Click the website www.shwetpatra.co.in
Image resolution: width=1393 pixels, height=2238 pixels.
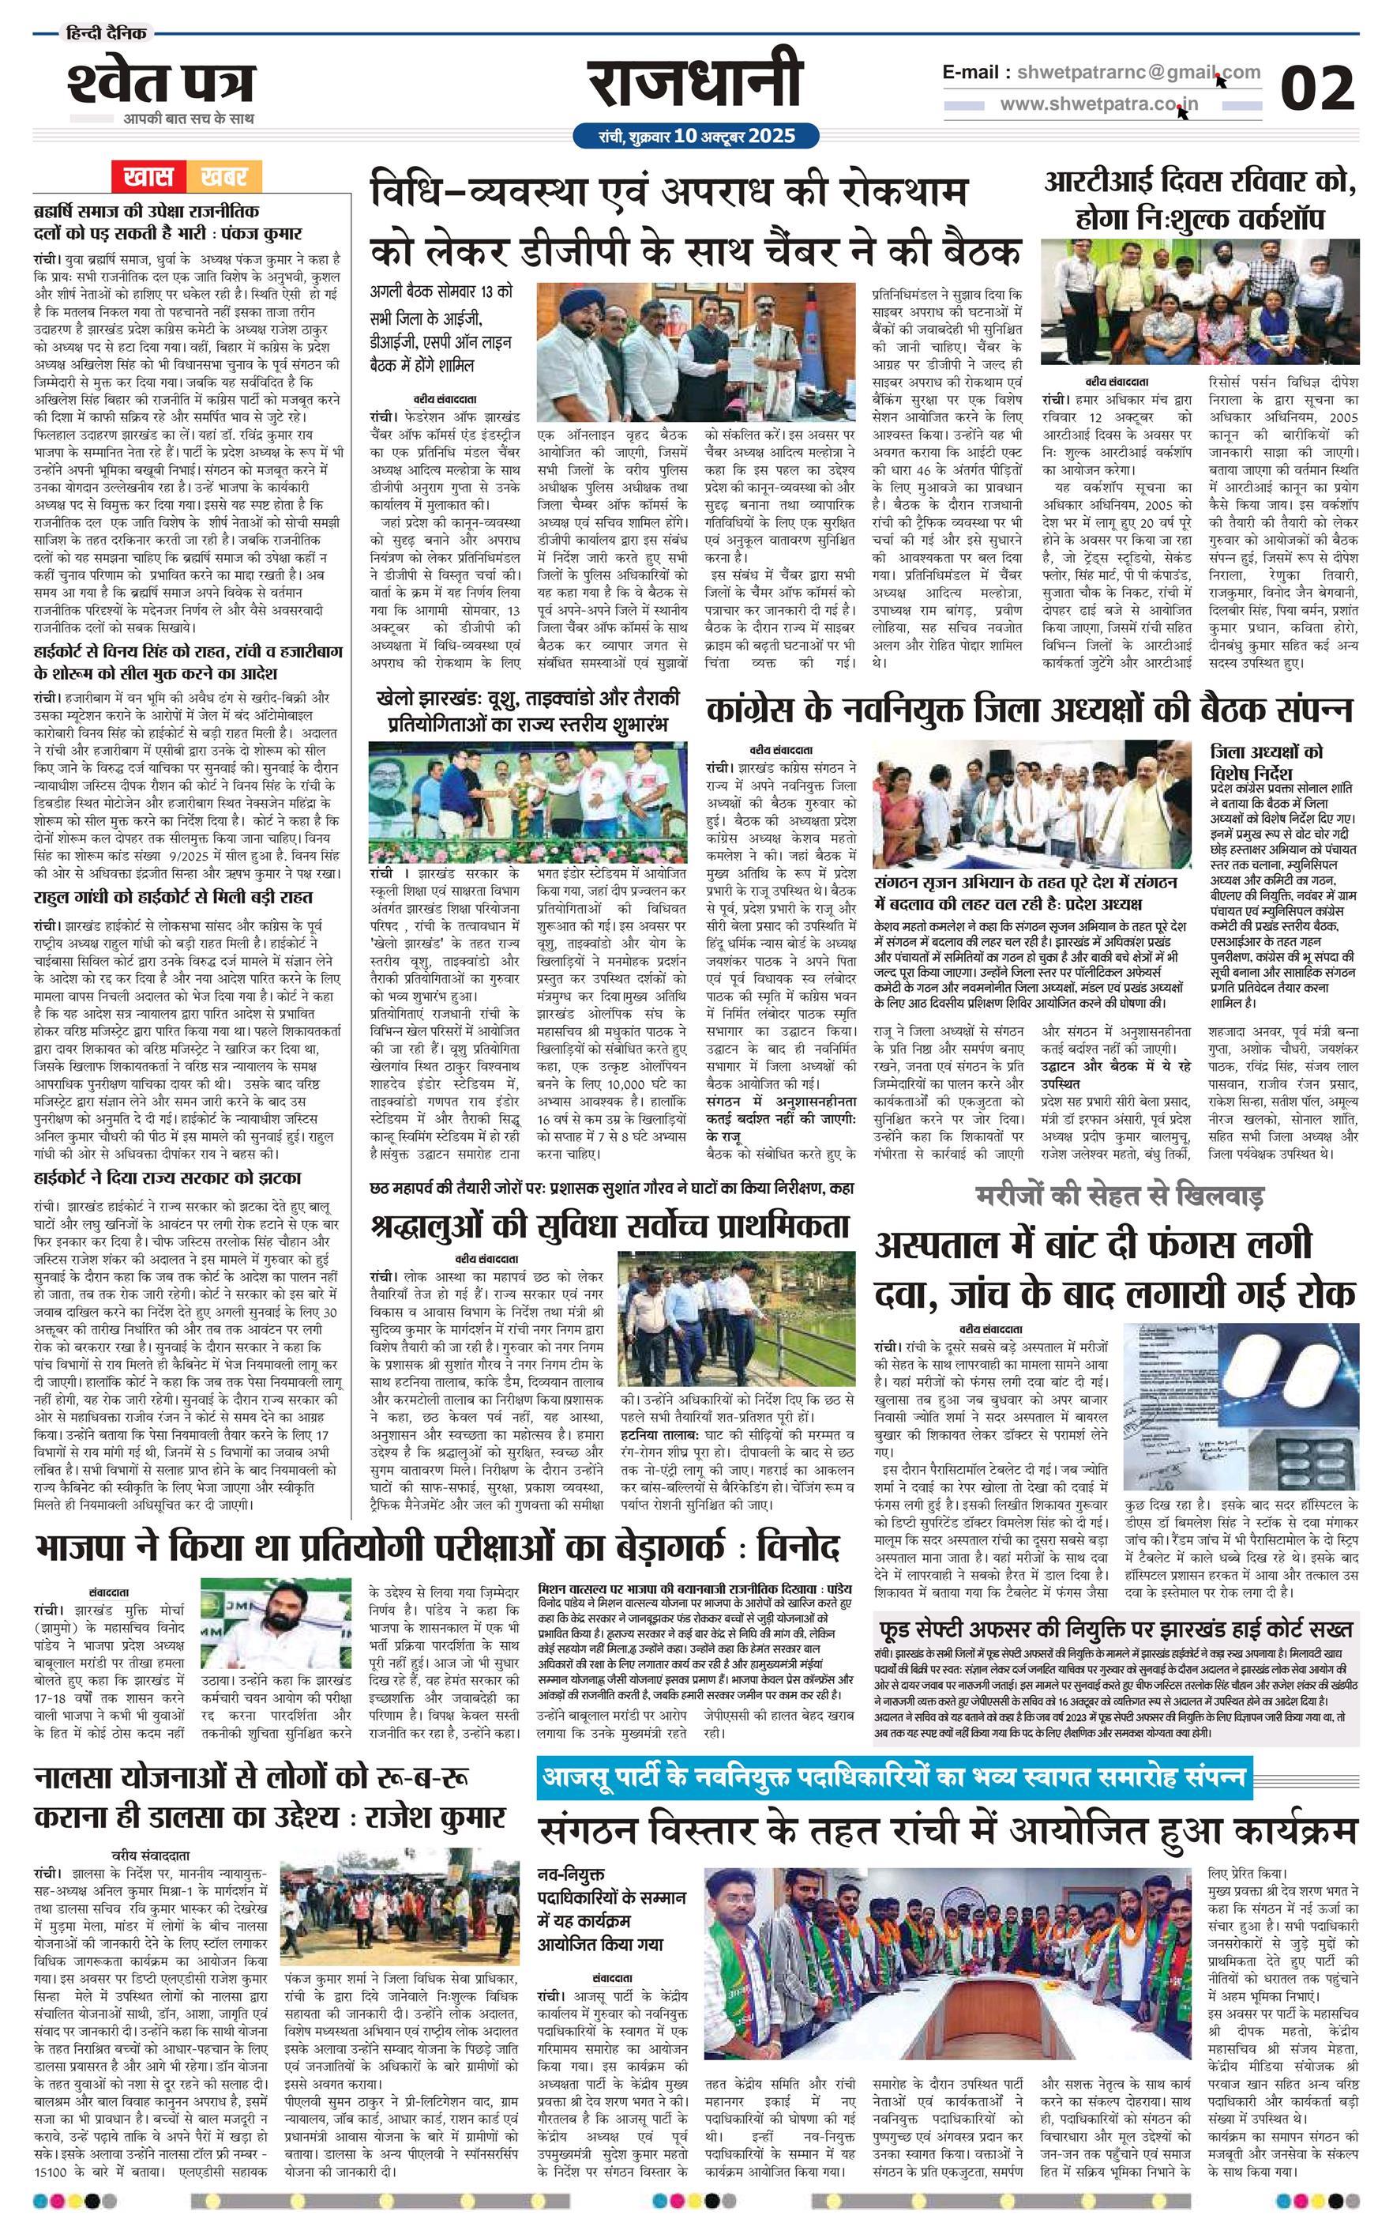1099,104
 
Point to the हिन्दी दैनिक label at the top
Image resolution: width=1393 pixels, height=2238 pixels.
103,34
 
